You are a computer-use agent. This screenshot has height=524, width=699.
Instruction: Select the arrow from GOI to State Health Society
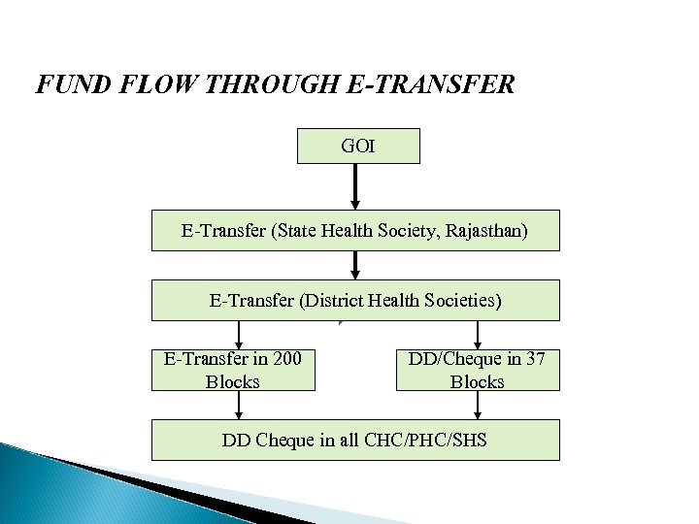(356, 185)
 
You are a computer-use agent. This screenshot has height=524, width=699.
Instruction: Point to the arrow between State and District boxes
(356, 265)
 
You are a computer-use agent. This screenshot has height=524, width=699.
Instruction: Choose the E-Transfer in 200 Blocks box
(233, 370)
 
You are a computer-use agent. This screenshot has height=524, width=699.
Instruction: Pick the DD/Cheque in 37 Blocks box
(478, 370)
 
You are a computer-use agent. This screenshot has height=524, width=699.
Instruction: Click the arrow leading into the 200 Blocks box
(239, 335)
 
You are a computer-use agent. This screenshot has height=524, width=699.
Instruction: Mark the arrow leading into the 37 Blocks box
(478, 335)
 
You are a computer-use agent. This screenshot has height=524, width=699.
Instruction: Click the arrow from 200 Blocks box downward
(239, 405)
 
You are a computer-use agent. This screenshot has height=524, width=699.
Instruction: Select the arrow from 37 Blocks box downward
(478, 405)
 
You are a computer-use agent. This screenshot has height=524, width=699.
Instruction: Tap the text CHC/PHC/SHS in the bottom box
(427, 440)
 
